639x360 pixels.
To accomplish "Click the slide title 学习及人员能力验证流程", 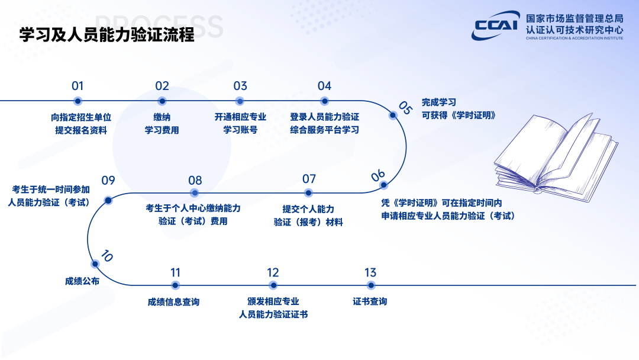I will [x=107, y=35].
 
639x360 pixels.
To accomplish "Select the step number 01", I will [x=78, y=86].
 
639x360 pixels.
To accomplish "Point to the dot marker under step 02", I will [x=162, y=101].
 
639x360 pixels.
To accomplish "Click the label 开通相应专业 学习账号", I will [x=240, y=123].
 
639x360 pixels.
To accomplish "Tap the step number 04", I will [x=324, y=86].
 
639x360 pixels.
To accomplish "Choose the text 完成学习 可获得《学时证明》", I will [x=458, y=108].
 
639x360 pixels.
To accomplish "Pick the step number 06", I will [x=378, y=175].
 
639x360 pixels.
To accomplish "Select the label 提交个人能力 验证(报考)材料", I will [x=308, y=216].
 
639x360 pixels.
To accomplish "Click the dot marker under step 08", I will [x=194, y=193].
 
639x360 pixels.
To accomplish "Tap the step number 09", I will [x=108, y=181].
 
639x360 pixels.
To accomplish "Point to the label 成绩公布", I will [x=82, y=281].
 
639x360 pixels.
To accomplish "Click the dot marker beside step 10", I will [x=95, y=264].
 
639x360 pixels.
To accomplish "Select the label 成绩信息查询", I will [x=173, y=302].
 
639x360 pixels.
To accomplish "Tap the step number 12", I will [x=273, y=273].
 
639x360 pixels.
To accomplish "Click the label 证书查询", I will [x=370, y=302].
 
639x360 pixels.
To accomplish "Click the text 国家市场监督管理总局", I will [x=574, y=18].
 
